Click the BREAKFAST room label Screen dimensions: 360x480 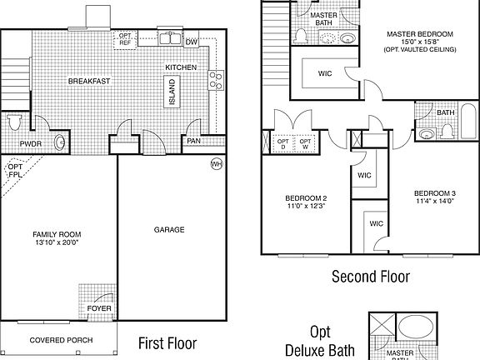89,81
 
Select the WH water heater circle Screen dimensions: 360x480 217,163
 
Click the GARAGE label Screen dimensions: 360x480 169,230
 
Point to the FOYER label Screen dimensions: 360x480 99,309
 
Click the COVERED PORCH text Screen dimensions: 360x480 61,340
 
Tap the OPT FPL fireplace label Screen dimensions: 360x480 15,171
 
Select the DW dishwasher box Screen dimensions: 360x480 191,42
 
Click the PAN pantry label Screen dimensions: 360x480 193,141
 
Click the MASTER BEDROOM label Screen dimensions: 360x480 419,33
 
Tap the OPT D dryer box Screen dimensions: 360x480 283,143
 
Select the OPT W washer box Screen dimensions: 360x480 305,143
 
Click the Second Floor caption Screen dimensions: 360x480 371,277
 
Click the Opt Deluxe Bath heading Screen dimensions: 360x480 321,341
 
